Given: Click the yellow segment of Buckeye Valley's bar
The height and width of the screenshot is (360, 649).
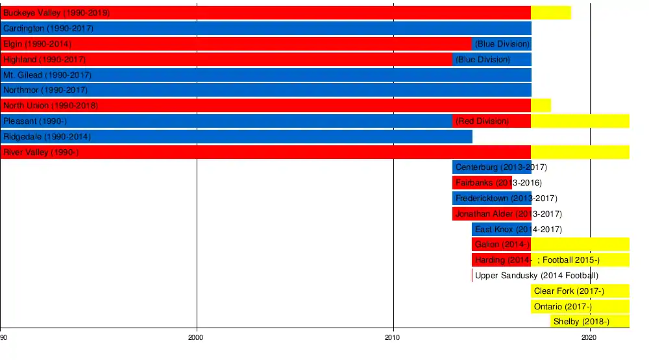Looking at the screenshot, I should [551, 12].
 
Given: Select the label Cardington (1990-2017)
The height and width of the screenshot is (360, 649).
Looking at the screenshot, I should [48, 29].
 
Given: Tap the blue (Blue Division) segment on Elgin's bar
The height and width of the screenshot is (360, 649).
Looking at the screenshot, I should [502, 44].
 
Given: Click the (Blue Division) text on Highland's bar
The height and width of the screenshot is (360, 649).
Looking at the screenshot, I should [482, 60].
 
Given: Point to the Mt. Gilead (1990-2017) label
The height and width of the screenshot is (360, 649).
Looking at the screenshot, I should [47, 75].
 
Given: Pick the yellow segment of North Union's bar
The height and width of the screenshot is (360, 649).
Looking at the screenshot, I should [541, 105].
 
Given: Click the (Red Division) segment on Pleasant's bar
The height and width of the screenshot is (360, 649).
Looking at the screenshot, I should [491, 121].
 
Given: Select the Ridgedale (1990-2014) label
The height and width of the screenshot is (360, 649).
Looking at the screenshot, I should [47, 137].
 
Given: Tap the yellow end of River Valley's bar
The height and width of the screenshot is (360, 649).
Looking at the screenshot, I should [580, 152].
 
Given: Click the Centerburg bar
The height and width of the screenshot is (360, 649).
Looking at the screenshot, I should [491, 167].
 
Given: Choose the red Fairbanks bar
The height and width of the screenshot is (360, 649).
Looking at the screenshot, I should [482, 183].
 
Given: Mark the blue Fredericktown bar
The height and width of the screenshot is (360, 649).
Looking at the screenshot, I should [491, 198].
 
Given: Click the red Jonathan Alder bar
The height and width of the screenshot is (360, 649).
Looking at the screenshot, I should [491, 214].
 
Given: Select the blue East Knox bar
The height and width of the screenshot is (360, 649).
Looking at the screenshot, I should [501, 229].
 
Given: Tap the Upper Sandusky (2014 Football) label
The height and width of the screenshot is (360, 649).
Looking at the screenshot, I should [536, 276].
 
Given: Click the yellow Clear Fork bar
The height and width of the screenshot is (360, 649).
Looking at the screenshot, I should [580, 291].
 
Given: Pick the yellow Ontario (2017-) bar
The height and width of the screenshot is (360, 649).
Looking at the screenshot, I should [580, 306].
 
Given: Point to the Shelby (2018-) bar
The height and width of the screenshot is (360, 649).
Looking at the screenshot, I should [589, 322].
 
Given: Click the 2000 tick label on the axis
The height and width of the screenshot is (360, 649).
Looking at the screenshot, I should [196, 338].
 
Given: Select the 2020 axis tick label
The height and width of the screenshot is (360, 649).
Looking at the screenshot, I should [589, 338].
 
